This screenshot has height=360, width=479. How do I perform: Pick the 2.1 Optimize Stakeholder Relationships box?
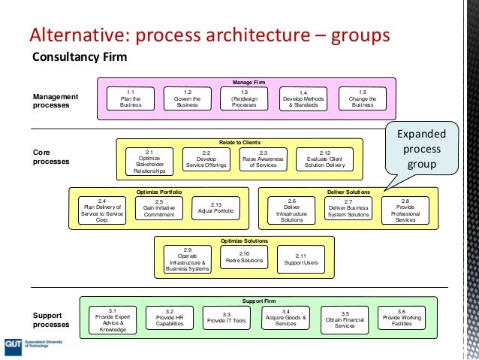[149, 162]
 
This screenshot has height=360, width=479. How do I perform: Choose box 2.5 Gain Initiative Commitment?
[159, 208]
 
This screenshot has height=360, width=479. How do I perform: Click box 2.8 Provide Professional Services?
[405, 210]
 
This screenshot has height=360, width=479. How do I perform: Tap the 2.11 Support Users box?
[300, 259]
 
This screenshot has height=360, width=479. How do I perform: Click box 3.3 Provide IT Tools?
[226, 318]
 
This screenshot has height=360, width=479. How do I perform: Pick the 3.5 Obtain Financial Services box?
[345, 319]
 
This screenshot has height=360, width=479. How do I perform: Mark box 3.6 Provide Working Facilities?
[402, 318]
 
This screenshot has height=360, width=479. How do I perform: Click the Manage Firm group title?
[249, 82]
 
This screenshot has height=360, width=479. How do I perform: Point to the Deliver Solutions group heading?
[348, 192]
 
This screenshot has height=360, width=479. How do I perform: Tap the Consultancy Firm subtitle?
[79, 57]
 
